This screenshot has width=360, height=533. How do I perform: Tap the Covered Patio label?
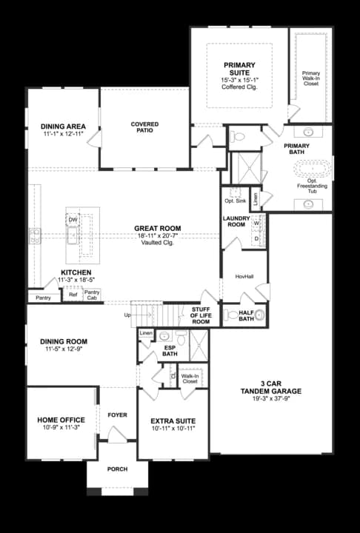(145, 127)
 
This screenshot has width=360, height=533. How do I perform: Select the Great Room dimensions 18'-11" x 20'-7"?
(159, 235)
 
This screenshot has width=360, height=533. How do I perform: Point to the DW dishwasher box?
(73, 220)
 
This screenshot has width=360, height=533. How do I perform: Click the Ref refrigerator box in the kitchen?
(73, 295)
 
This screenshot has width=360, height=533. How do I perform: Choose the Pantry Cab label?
(92, 295)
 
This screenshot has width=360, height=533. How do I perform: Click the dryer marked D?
(256, 238)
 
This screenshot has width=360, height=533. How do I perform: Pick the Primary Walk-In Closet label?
(311, 78)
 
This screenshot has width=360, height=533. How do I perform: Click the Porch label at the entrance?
(118, 468)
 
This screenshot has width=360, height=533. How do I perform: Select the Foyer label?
(118, 415)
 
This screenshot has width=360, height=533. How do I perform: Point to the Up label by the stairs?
(127, 315)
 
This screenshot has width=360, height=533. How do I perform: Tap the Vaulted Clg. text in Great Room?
(159, 243)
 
